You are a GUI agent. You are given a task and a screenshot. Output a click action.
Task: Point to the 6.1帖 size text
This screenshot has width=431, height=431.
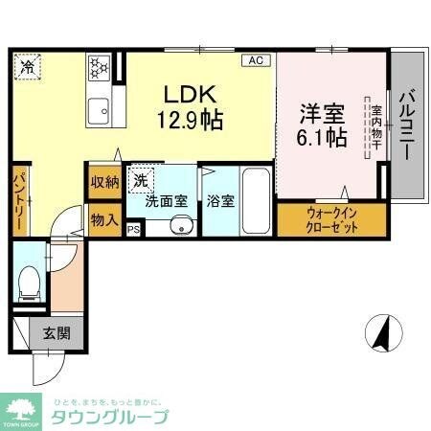pos(322,136)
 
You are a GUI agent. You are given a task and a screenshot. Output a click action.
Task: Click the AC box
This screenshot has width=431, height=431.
pos(256,60)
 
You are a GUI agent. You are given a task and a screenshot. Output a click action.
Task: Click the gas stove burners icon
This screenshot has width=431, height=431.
pos(99,68)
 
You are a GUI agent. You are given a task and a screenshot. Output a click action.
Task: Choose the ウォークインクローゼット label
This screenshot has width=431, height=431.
pos(332,220)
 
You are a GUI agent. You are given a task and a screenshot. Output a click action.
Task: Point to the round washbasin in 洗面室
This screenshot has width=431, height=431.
pos(180,226)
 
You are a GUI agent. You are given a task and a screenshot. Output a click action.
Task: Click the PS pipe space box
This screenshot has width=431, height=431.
pos(133,229)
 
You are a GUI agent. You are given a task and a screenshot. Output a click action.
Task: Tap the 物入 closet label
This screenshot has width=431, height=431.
pos(104,220)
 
